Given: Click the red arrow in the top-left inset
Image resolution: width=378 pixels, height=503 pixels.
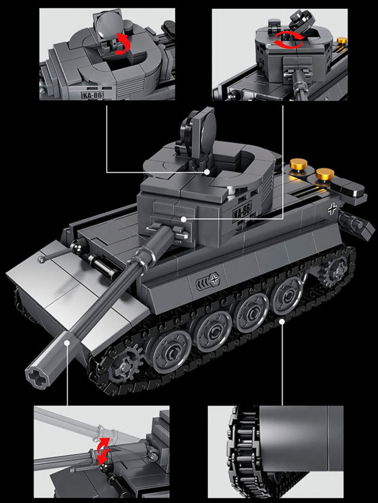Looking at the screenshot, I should coord(123,44).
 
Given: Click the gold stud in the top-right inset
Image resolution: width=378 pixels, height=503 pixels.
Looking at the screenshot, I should coord(341,39).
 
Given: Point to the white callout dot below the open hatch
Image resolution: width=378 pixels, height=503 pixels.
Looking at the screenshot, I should coord(207,171).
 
